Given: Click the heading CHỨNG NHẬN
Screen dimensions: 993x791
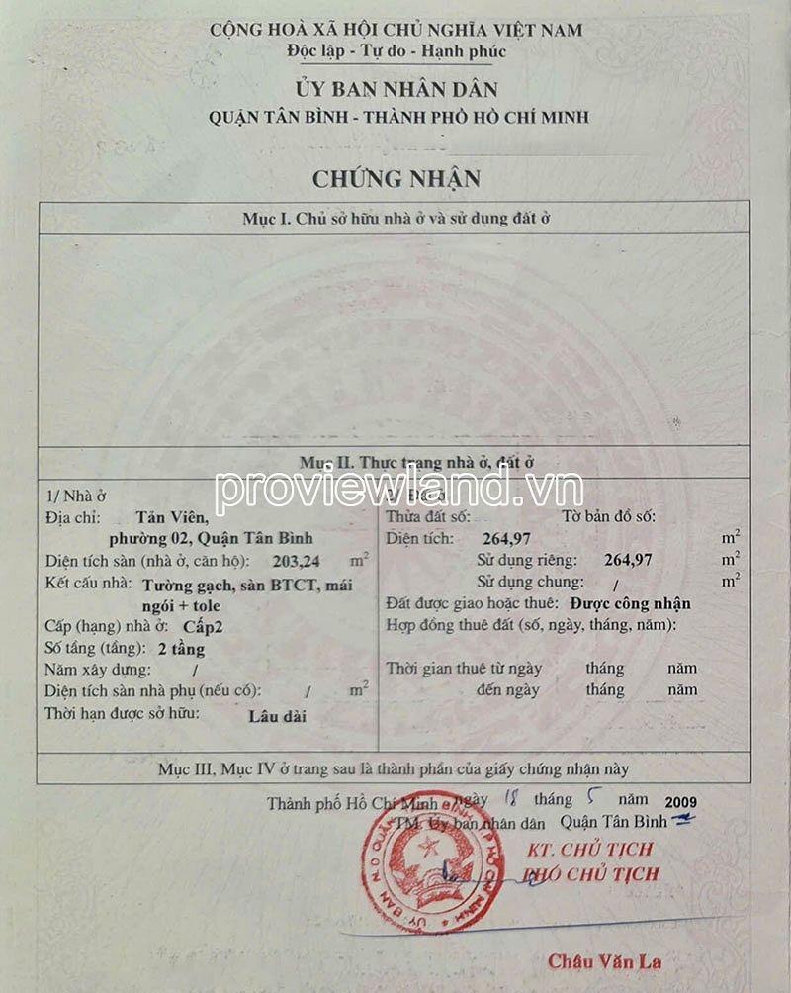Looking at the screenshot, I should point(395,179).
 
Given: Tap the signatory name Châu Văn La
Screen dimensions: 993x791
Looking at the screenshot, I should point(604,960).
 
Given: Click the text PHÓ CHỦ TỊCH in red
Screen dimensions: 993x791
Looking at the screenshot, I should point(589,874).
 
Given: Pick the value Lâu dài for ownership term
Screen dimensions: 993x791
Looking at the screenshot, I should point(277,715).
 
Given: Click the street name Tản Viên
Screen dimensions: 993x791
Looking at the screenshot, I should point(173,516).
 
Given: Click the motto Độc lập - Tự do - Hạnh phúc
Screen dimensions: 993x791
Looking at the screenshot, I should point(395,51).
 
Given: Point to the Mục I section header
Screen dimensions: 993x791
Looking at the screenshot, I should point(395,219).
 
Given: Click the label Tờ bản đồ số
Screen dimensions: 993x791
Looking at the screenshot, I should point(607,516).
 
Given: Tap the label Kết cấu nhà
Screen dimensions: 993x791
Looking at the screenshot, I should point(89,584).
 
